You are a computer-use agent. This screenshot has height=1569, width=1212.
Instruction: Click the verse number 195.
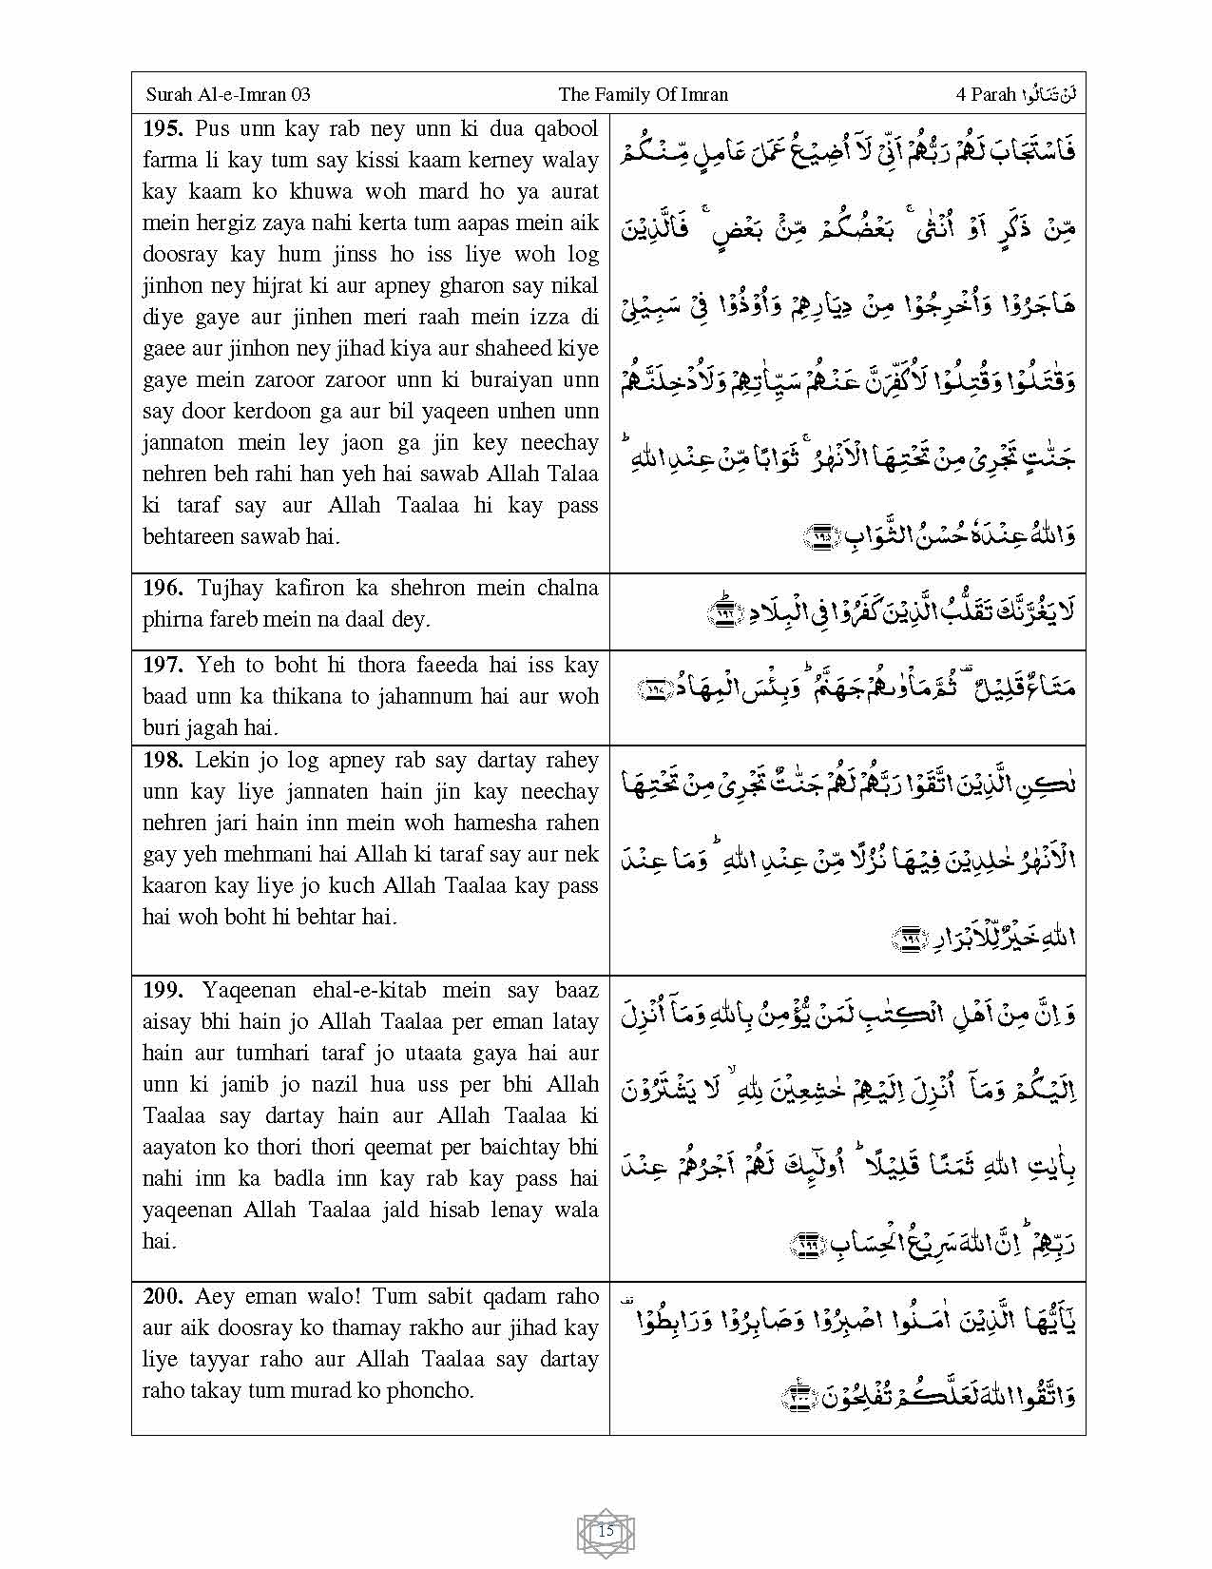[164, 128]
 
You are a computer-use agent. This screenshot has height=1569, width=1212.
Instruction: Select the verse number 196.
[164, 588]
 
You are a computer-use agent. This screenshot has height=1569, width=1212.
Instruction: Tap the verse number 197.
[164, 665]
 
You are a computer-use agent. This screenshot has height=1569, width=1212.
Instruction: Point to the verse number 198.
[164, 760]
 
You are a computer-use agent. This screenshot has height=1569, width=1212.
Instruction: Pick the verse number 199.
[164, 990]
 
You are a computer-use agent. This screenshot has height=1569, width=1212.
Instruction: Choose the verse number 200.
[164, 1296]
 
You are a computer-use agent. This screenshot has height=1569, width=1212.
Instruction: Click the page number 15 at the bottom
[606, 1531]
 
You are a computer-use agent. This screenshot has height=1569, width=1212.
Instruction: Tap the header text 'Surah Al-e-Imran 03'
[228, 94]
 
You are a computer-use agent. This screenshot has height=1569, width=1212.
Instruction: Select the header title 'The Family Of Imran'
[644, 94]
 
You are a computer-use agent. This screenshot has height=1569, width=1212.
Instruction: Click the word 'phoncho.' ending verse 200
[430, 1390]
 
